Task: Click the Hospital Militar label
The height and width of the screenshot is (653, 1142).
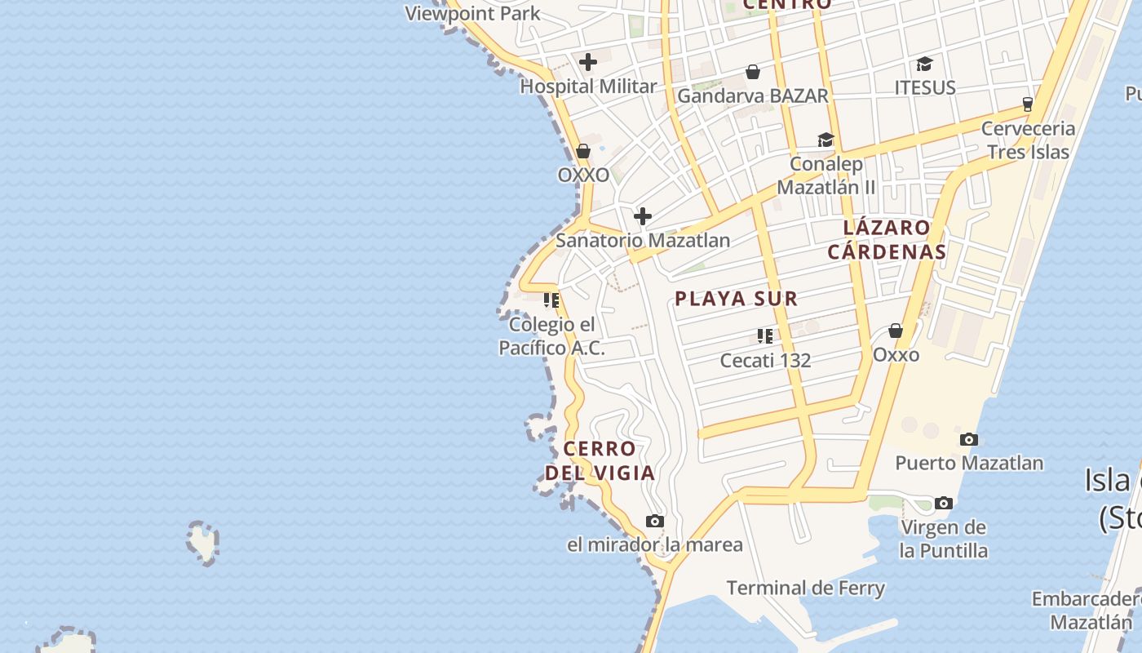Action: (x=588, y=87)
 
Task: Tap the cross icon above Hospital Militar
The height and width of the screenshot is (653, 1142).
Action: (x=588, y=62)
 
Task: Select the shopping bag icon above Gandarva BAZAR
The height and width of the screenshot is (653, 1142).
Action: (x=753, y=73)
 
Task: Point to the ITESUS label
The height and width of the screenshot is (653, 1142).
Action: (x=925, y=87)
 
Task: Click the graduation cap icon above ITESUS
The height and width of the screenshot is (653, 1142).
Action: (x=924, y=64)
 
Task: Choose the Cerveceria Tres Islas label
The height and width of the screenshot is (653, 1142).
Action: (x=1028, y=140)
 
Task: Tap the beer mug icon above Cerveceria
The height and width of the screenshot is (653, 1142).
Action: (x=1028, y=104)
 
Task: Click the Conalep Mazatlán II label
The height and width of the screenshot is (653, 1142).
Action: (x=826, y=175)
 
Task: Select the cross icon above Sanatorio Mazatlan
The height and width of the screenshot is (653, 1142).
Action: (x=643, y=216)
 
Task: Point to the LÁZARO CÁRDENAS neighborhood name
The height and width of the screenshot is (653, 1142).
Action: (x=887, y=239)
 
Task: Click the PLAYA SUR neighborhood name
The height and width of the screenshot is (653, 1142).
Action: (x=736, y=299)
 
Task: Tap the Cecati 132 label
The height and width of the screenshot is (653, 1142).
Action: (x=765, y=360)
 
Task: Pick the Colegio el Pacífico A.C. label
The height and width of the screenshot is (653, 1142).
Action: (x=552, y=336)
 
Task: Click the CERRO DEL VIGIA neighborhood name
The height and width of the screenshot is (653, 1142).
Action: (x=600, y=460)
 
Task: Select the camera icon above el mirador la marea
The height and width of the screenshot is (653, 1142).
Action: (x=654, y=522)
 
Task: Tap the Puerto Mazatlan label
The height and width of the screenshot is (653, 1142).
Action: (x=969, y=463)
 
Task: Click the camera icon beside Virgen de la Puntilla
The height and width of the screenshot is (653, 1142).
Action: (x=944, y=503)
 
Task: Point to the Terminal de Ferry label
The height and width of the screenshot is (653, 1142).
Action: (x=805, y=588)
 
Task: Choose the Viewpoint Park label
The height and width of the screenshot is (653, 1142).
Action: (x=472, y=13)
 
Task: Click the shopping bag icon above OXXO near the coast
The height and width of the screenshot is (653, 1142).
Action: (x=583, y=151)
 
